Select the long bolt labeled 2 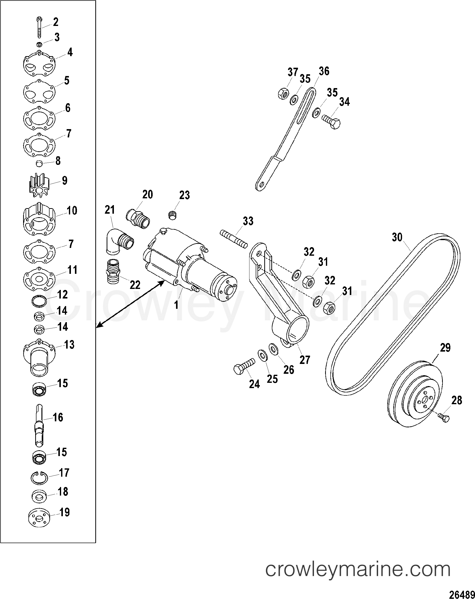(x=39, y=28)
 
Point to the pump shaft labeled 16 (x=39, y=425)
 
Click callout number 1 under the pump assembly (x=176, y=305)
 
